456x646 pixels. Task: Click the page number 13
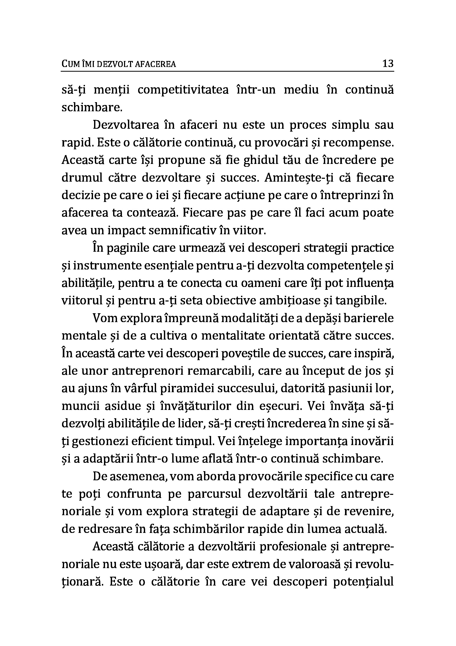click(388, 63)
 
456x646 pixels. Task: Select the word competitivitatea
click(183, 90)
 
